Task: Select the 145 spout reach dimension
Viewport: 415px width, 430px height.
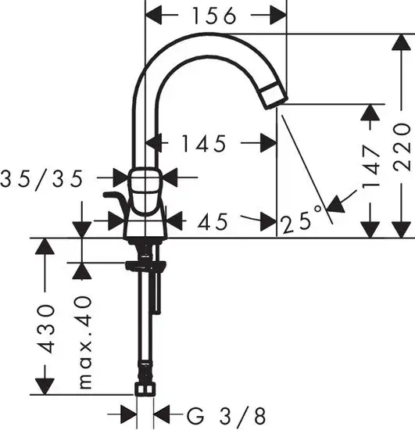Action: click(x=202, y=143)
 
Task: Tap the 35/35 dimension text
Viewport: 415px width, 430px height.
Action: click(x=52, y=179)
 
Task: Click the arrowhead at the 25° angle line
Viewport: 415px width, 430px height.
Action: click(x=336, y=203)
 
